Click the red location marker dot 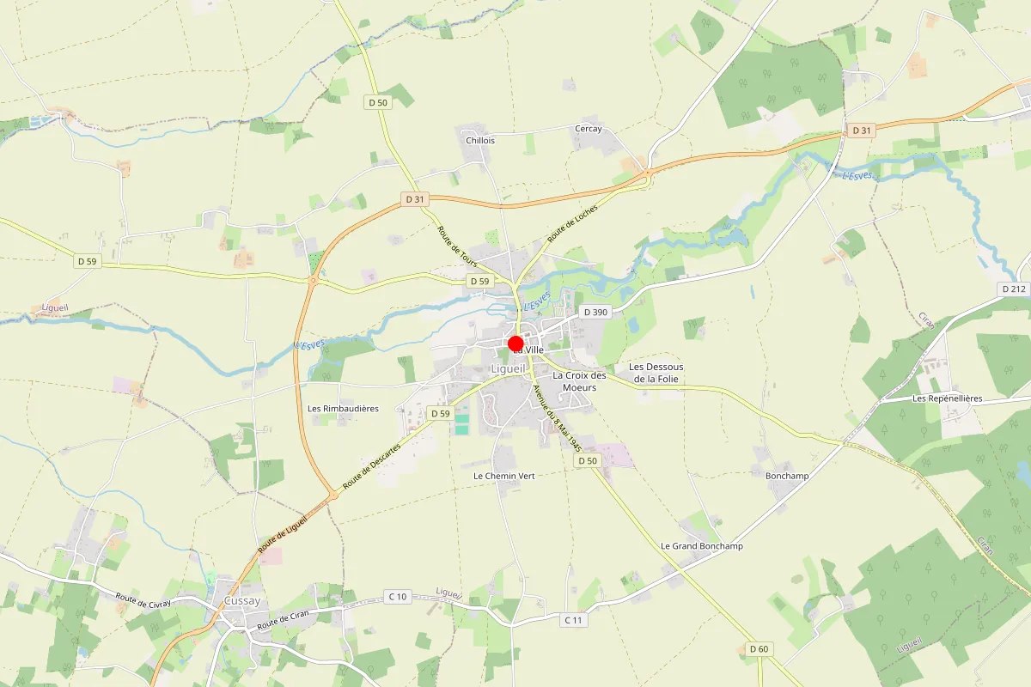point(516,344)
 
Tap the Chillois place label point(479,140)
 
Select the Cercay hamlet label point(588,129)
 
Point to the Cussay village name point(241,601)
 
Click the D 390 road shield point(595,313)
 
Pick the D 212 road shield point(1014,289)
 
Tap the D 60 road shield point(758,648)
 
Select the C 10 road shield point(397,597)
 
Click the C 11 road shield point(574,620)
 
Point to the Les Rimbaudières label point(343,409)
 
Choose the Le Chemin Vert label point(503,476)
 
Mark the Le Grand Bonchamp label point(701,546)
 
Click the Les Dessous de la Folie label point(656,373)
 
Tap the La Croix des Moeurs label point(579,381)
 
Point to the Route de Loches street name point(571,225)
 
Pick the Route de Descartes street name point(371,467)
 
